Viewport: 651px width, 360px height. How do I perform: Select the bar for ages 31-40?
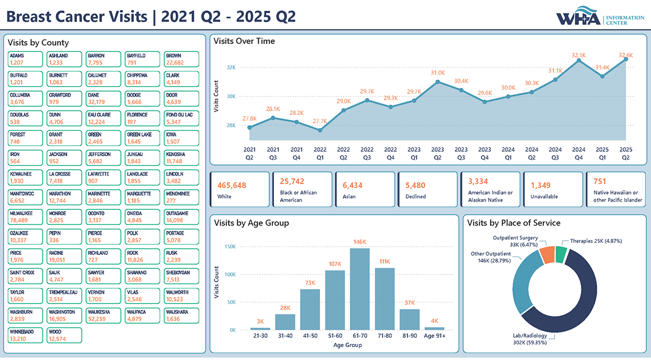pos(285,322)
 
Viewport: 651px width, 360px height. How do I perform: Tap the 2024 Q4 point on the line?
pos(579,60)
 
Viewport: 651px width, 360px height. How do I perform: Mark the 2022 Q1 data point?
pos(320,130)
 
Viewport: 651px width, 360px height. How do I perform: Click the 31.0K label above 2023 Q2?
pos(438,72)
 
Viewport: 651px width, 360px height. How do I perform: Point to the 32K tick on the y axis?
pos(231,67)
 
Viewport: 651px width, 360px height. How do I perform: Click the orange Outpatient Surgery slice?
pos(546,254)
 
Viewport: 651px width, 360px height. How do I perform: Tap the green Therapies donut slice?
pos(561,252)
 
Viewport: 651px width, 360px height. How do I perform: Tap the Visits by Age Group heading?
pos(251,223)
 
